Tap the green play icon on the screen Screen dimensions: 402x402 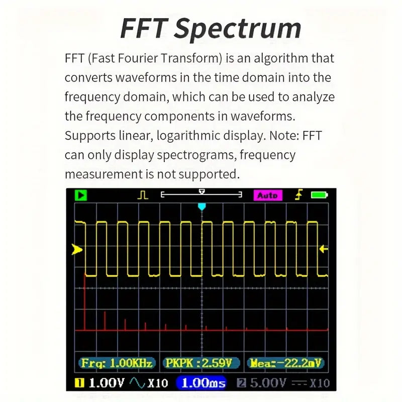coord(80,195)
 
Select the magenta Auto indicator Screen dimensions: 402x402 coord(267,195)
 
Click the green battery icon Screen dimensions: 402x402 coord(319,195)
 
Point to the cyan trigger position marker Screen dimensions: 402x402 coord(202,207)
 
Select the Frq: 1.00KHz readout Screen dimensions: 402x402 coord(116,363)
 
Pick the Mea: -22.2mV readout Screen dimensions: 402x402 coord(285,363)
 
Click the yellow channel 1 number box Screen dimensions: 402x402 coord(79,383)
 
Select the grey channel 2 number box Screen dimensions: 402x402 coord(241,383)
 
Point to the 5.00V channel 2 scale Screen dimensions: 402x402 coord(268,383)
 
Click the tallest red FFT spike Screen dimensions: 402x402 coord(84,301)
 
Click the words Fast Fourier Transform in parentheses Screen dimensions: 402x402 coord(153,58)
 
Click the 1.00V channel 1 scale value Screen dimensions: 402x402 coord(106,383)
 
